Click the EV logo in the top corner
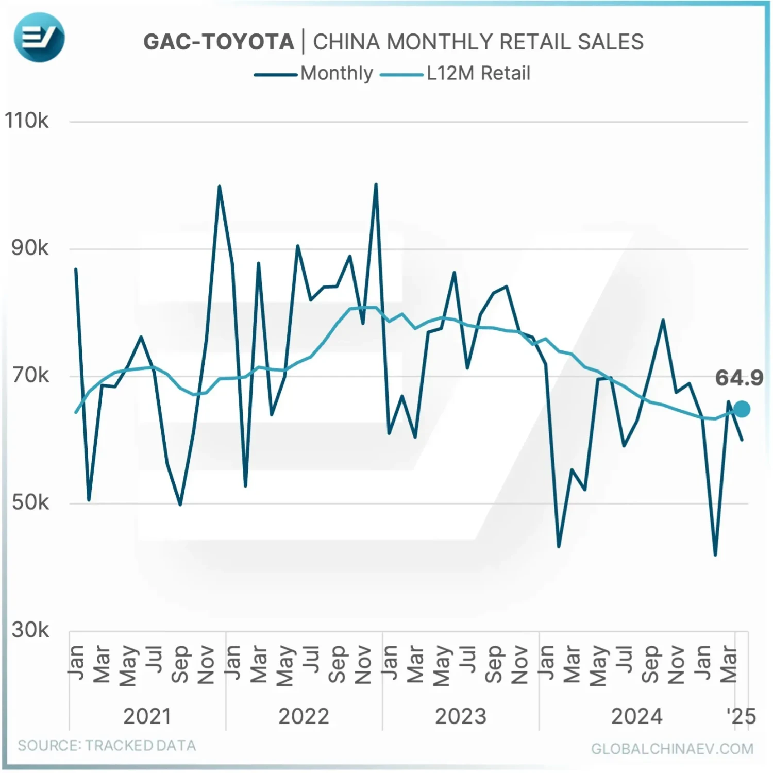click(39, 38)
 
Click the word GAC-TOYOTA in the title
click(219, 42)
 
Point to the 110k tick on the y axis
click(27, 121)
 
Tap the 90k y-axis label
click(30, 248)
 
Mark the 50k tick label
click(30, 502)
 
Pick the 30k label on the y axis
click(30, 630)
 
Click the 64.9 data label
click(738, 378)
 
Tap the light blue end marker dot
click(742, 410)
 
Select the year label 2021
click(147, 716)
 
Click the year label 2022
click(304, 716)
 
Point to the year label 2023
click(460, 716)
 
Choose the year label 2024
click(636, 716)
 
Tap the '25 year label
click(741, 716)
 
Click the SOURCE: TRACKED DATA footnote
click(107, 746)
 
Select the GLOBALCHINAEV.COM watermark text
click(672, 749)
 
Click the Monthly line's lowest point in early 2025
click(715, 555)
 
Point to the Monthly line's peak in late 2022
click(376, 184)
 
